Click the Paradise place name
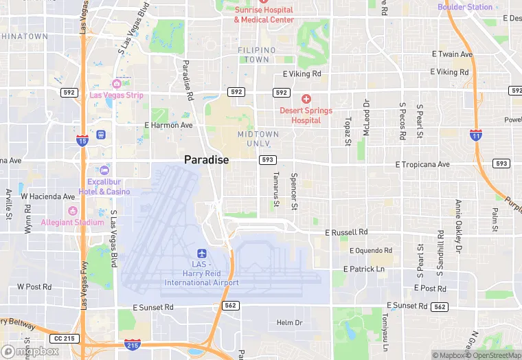(206, 159)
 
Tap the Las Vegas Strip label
(117, 95)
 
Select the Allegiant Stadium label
(72, 222)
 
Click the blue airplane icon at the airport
(201, 254)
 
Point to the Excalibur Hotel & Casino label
(104, 187)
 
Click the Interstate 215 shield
(133, 343)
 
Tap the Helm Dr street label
(289, 322)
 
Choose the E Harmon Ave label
(168, 125)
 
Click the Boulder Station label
(465, 8)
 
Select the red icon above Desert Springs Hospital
(306, 99)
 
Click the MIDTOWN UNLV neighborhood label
(258, 139)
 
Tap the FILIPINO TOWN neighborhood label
(257, 55)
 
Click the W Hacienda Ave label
(48, 196)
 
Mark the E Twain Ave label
(452, 54)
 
